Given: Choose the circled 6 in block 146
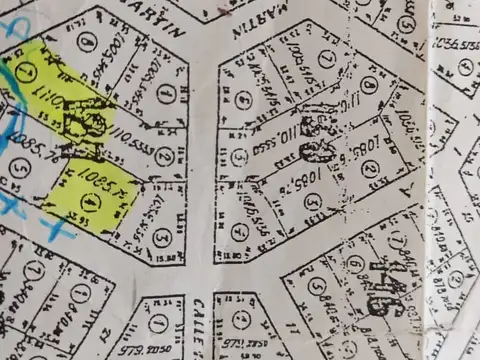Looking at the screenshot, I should pyautogui.click(x=355, y=264).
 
